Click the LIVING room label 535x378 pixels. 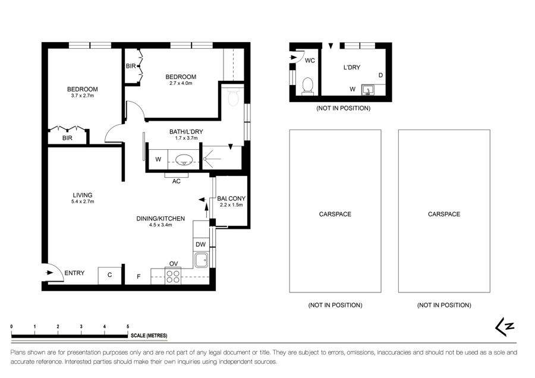coord(83,195)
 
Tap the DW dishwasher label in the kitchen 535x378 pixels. coord(201,244)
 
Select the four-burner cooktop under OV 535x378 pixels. coord(173,276)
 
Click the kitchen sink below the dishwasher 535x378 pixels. coord(201,260)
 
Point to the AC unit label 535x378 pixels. coord(176,181)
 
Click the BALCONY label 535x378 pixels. coord(231,199)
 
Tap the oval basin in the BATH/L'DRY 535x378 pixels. coord(184,159)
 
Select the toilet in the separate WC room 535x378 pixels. coord(308,86)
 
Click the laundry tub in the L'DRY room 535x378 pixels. coord(368,90)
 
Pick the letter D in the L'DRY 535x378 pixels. coord(381,75)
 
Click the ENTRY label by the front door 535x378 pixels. coord(74,273)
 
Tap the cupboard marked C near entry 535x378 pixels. coord(109,275)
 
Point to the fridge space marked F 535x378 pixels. coord(139,276)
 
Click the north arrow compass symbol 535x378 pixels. coord(505,327)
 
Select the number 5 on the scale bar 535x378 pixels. coord(128,326)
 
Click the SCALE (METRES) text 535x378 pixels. coord(149,336)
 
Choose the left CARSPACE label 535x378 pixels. coord(335,214)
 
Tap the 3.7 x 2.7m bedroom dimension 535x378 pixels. coord(83,96)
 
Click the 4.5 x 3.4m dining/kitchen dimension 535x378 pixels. coord(160,225)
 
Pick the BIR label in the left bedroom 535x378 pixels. coord(67,138)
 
